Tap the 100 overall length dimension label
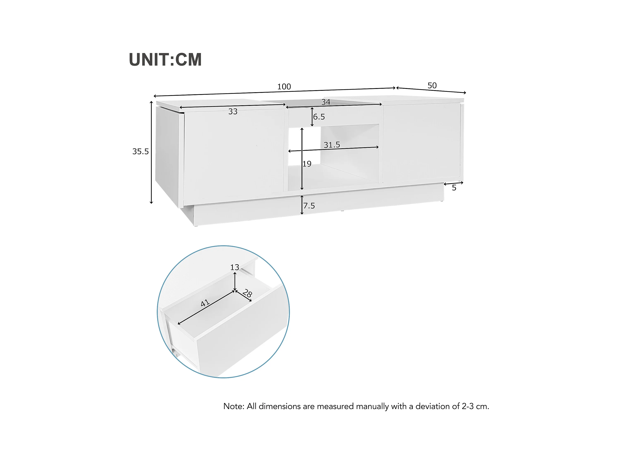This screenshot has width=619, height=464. [x=284, y=87]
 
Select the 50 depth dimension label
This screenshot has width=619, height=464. [x=432, y=86]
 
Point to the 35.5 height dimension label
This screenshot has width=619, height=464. [x=140, y=151]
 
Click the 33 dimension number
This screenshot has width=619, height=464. [x=233, y=112]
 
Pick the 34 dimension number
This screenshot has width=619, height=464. [x=326, y=102]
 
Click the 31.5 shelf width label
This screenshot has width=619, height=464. [x=332, y=145]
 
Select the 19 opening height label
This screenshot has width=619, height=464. [x=307, y=164]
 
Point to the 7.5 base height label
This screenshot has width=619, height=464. [x=309, y=206]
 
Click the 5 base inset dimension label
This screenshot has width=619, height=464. [x=454, y=188]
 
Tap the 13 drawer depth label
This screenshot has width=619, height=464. [x=235, y=267]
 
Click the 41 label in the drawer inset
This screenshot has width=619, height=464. [x=205, y=303]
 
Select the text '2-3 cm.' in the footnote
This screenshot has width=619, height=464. [x=475, y=406]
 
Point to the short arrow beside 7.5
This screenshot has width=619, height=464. [x=302, y=205]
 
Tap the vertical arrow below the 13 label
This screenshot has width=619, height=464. [x=235, y=281]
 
